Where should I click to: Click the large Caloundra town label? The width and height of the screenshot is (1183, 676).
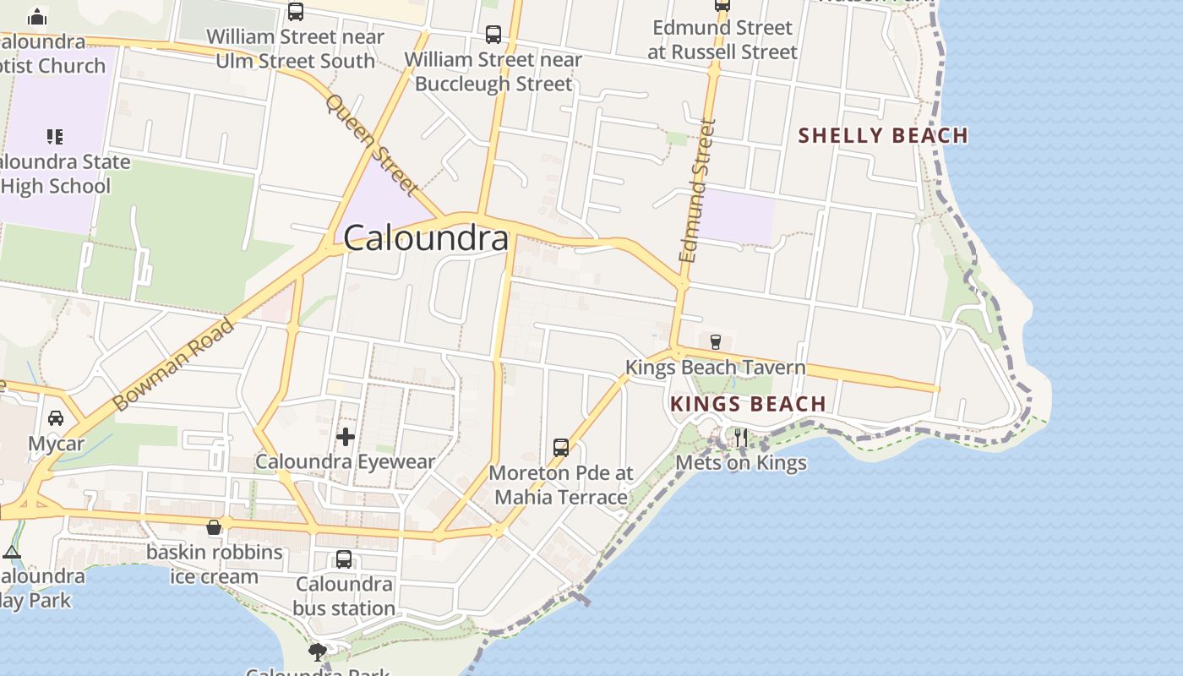click(x=426, y=238)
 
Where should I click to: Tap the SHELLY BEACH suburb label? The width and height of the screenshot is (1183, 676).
click(x=883, y=135)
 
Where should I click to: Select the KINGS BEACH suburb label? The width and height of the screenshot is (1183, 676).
click(x=748, y=404)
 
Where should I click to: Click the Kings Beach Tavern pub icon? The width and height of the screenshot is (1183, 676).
click(x=716, y=342)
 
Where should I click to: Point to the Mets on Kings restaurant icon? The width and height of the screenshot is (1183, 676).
click(x=740, y=437)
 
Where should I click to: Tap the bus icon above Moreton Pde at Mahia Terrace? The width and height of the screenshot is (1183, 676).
click(x=561, y=447)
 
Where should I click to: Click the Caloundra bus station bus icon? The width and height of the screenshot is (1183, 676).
click(x=344, y=559)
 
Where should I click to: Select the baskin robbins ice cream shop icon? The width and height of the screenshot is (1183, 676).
click(x=214, y=527)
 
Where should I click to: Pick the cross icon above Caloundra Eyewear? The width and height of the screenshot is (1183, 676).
click(x=345, y=437)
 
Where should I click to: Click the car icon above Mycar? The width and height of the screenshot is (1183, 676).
click(x=56, y=418)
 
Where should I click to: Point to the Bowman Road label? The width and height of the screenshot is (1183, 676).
click(x=173, y=364)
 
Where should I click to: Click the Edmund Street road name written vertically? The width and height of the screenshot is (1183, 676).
click(x=697, y=190)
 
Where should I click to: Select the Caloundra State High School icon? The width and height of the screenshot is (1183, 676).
click(x=55, y=136)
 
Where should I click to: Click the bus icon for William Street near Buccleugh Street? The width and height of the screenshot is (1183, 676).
click(x=493, y=35)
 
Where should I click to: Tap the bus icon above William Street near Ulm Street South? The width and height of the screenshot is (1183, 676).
click(x=295, y=12)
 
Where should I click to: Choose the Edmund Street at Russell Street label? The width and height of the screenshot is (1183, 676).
click(x=722, y=40)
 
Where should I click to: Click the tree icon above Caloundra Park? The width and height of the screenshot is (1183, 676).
click(x=318, y=651)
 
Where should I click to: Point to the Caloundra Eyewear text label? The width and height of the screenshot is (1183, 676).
click(x=345, y=462)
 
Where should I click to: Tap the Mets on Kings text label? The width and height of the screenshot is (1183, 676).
click(x=741, y=463)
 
